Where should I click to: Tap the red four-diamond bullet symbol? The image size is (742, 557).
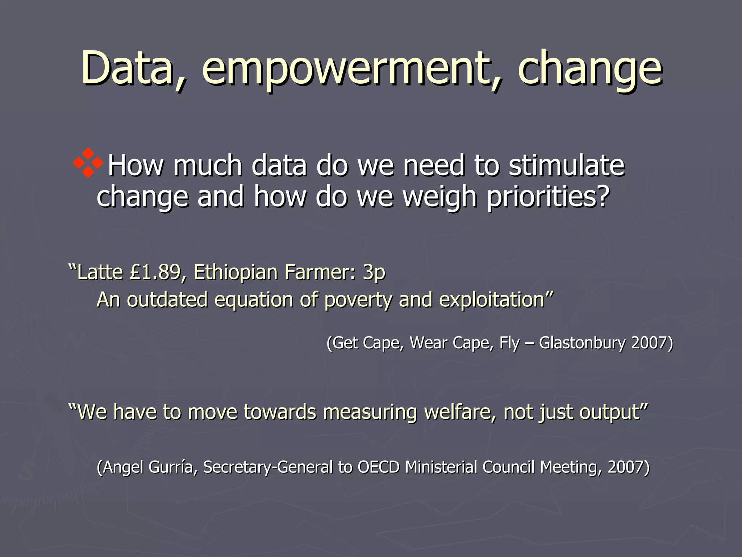(x=88, y=163)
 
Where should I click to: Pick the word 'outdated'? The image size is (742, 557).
(x=167, y=300)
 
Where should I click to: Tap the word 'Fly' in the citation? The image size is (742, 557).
(x=509, y=343)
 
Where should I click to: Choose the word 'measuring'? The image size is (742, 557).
(x=370, y=412)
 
